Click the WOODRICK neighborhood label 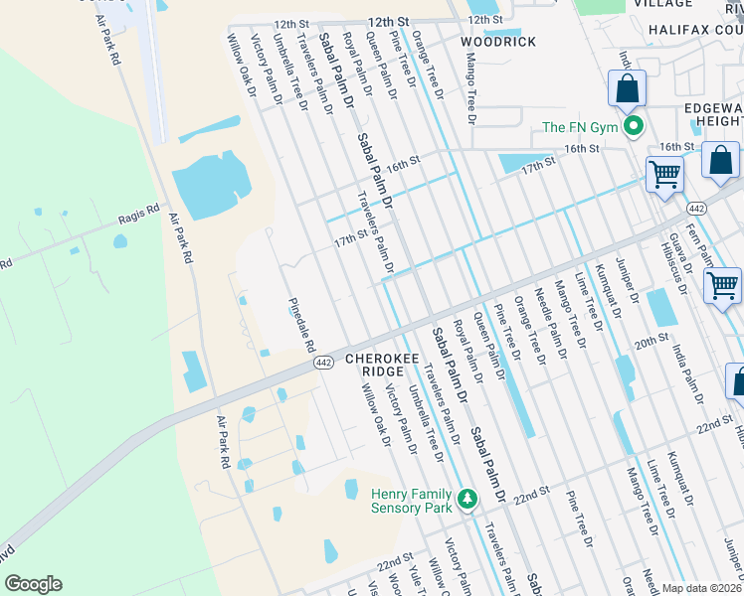click(498, 42)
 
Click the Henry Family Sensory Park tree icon click(466, 498)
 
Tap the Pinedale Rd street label click(301, 326)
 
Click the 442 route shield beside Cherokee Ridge click(323, 364)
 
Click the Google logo click(33, 584)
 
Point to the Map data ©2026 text click(701, 588)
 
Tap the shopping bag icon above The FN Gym click(628, 88)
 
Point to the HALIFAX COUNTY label click(695, 31)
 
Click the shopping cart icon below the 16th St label click(664, 176)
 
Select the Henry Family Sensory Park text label click(411, 500)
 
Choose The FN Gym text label click(579, 127)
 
